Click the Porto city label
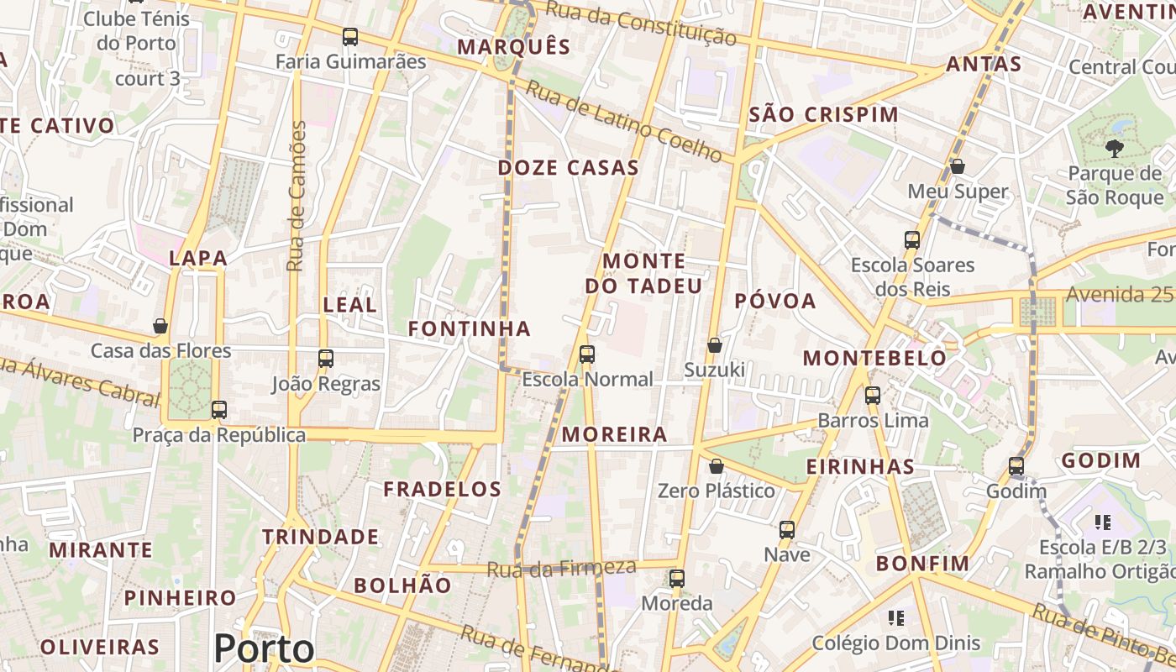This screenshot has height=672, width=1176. pos(264,648)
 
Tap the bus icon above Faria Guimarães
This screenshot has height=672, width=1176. pos(350,37)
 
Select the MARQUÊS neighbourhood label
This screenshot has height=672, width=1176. pos(513,47)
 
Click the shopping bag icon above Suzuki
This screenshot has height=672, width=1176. pos(714,345)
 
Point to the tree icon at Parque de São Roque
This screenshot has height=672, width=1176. pos(1115,150)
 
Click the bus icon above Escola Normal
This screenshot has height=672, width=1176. pos(587,354)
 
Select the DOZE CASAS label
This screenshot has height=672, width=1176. pos(568,168)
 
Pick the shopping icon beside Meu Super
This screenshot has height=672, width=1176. pos(957,167)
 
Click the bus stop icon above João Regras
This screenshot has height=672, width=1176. pos(326,359)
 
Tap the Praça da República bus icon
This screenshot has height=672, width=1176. pos(219,410)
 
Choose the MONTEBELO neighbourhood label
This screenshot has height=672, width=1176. pos(874,359)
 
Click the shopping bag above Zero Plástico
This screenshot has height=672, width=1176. pos(717,466)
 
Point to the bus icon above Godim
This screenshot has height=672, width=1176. pos(1016,465)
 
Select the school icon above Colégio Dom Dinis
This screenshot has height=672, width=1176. pos(896,618)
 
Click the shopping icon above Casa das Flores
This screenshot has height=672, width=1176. pos(160,326)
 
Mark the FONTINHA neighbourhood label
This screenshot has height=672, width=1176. pos(470,329)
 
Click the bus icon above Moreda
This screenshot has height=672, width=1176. pos(677,579)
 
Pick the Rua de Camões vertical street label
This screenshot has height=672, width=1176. pos(297,196)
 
